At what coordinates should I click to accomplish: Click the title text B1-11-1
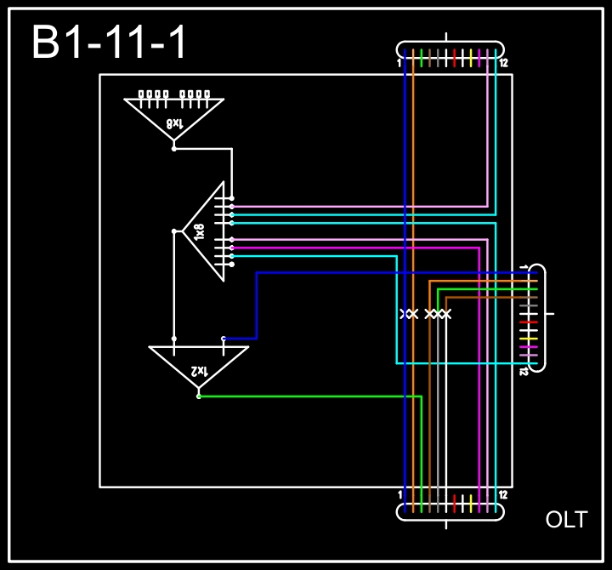[109, 43]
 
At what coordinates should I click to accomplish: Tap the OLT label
[566, 520]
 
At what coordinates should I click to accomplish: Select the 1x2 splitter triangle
[198, 367]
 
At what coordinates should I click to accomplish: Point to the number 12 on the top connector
[504, 64]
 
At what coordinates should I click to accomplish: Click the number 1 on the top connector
[399, 64]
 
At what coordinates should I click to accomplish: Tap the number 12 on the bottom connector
[504, 495]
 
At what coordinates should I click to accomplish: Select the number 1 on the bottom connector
[399, 495]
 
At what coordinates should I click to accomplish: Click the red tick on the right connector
[529, 322]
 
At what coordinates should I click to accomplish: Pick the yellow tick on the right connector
[529, 339]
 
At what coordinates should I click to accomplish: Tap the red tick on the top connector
[455, 58]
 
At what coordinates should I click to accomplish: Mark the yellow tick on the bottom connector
[471, 502]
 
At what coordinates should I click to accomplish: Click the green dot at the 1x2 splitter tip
[198, 396]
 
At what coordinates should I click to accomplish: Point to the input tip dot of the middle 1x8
[174, 231]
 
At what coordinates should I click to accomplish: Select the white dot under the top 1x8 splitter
[174, 149]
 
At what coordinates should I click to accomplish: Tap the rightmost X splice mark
[446, 315]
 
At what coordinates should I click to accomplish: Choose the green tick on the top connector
[422, 58]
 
